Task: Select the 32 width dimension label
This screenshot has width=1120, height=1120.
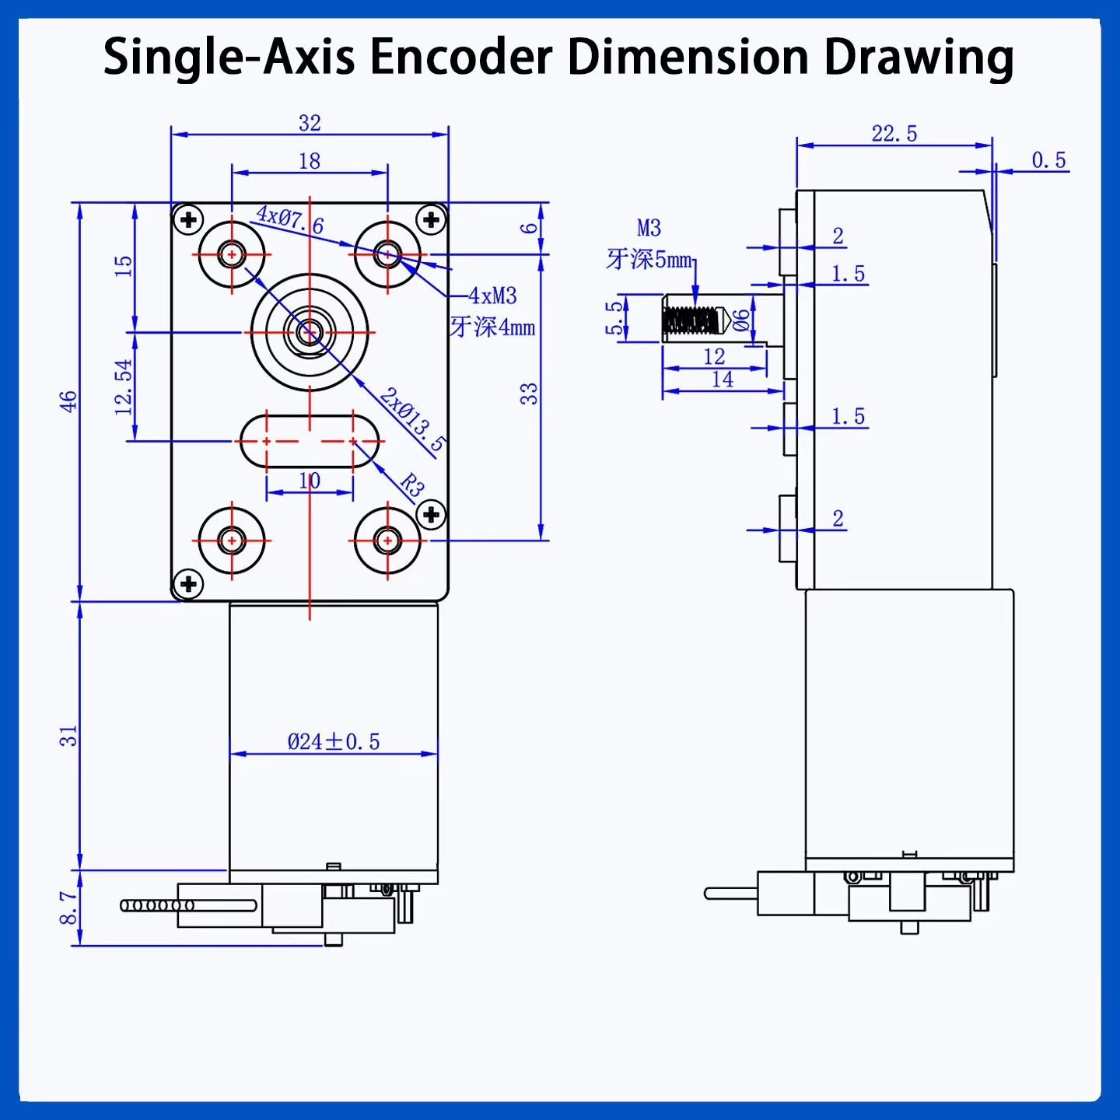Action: [310, 123]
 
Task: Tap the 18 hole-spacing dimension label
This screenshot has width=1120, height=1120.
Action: [310, 161]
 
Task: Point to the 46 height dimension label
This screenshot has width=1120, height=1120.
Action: [68, 401]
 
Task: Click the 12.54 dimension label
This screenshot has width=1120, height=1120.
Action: [124, 387]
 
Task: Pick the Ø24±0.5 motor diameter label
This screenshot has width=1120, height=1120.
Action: [334, 742]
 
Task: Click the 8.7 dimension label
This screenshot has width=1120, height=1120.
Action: [68, 908]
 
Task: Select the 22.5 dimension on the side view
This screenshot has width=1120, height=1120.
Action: [894, 134]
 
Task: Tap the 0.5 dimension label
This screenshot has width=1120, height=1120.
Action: [1048, 160]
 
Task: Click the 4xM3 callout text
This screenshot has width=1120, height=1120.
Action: [492, 296]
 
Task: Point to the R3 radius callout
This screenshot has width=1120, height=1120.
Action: [412, 485]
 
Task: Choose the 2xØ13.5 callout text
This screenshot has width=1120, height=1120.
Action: [413, 420]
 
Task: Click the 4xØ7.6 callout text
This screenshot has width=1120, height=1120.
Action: [289, 219]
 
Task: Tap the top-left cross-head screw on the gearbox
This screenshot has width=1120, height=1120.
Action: [188, 220]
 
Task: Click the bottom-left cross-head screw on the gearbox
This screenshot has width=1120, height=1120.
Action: [188, 583]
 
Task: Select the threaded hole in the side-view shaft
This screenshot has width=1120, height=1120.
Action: [690, 320]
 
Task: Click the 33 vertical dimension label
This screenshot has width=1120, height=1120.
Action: [529, 394]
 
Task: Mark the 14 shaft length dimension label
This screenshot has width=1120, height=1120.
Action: [723, 380]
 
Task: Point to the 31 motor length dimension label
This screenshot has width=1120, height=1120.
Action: [68, 736]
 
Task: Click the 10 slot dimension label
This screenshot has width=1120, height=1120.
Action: [310, 481]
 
